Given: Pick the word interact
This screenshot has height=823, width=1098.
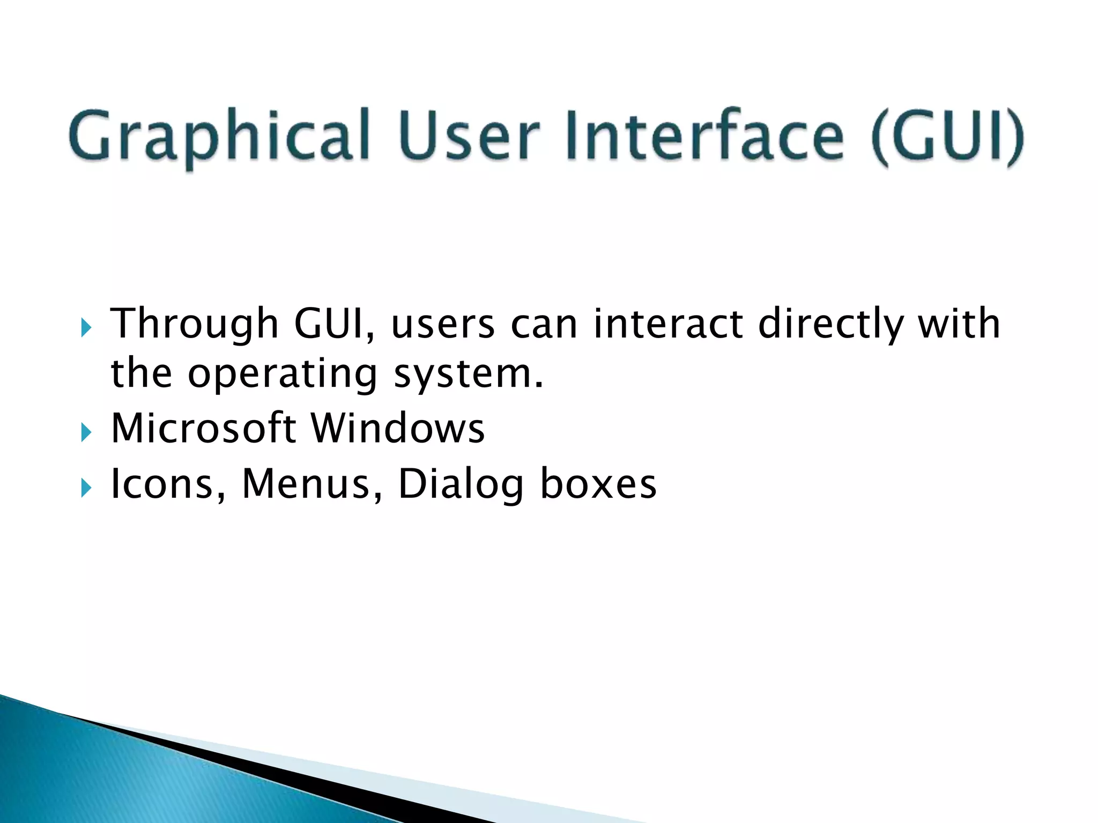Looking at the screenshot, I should coord(668,324).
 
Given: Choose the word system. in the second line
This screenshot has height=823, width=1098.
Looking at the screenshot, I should coord(469,374).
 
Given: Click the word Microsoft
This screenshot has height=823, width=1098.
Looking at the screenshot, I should coord(203,428).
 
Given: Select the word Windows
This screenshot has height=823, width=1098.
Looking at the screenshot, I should coord(398,428).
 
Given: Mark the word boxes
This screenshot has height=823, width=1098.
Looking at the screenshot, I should coord(598,484).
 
